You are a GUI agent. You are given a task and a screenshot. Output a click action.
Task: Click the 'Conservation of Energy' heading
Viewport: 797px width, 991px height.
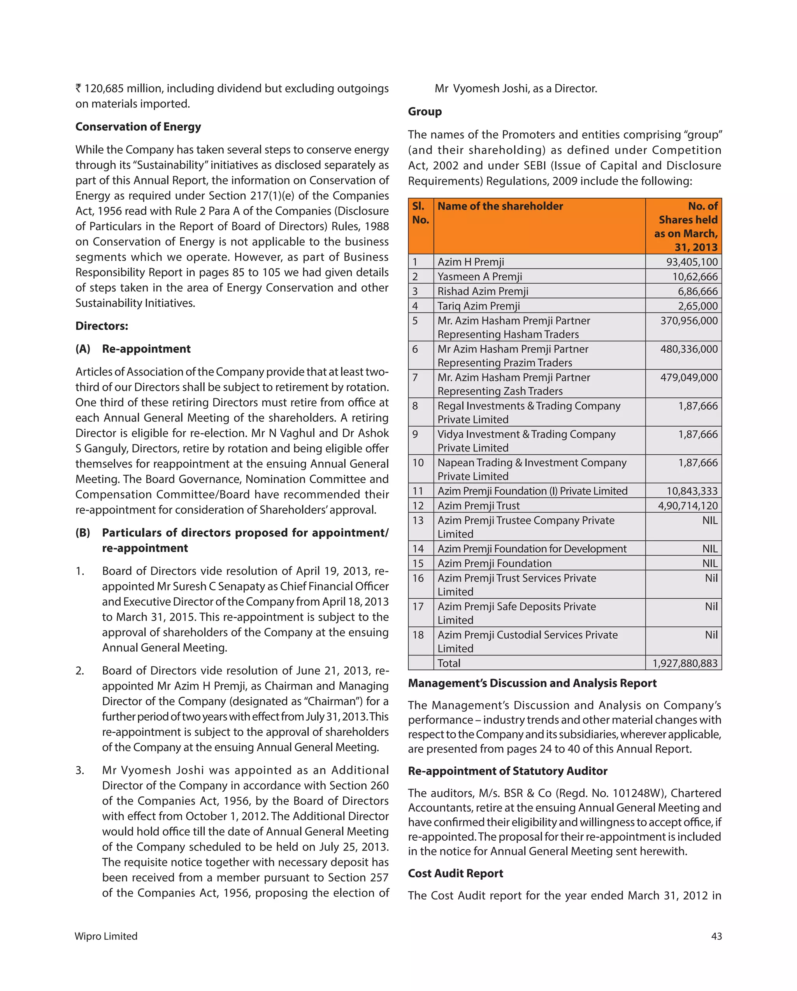138,127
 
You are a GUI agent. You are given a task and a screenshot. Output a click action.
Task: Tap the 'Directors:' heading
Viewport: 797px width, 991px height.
102,326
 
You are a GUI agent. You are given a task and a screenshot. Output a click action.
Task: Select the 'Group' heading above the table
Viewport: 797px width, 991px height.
424,112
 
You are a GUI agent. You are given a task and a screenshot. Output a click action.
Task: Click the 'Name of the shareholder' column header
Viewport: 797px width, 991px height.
500,206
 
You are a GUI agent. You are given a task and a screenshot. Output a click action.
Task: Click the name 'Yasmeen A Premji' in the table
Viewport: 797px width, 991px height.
479,277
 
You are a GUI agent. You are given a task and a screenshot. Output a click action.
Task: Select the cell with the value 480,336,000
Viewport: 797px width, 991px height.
688,349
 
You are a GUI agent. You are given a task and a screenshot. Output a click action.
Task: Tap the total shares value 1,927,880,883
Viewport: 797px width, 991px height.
685,663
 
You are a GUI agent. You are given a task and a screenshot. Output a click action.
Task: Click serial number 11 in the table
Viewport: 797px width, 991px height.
417,491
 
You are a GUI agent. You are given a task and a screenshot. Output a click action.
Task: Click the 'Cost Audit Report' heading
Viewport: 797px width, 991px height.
455,873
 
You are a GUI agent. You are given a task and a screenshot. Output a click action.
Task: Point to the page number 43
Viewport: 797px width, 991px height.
716,936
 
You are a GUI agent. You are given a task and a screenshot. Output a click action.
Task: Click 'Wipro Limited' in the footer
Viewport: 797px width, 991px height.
106,936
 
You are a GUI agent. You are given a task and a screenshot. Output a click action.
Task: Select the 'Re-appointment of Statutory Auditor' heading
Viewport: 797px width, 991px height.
507,771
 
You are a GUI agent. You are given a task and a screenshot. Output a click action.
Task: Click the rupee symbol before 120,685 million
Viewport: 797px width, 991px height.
79,88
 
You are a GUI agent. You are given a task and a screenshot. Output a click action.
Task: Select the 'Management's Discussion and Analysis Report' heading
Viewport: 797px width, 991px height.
532,683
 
